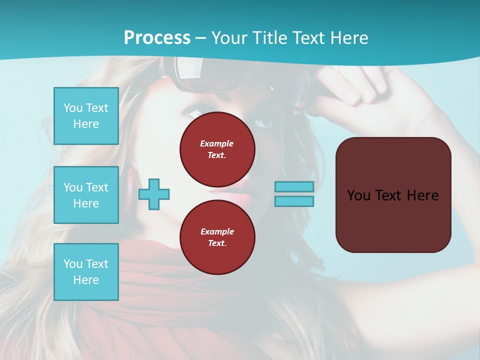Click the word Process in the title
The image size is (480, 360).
click(157, 37)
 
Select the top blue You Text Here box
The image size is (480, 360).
click(86, 116)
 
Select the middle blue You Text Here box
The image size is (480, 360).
click(86, 195)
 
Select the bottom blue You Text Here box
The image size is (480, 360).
click(86, 272)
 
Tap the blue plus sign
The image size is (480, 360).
click(154, 194)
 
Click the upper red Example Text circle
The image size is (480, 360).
click(217, 149)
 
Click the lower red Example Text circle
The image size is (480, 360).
click(217, 237)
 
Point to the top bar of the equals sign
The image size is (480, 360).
click(294, 186)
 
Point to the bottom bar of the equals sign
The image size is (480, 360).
click(294, 201)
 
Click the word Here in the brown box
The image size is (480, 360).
click(422, 195)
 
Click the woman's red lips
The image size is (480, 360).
click(235, 196)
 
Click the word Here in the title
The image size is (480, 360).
click(348, 37)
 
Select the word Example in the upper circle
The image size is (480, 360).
click(217, 143)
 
